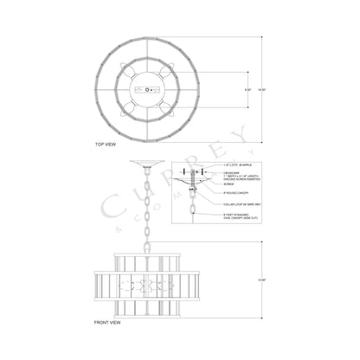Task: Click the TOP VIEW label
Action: (x=106, y=144)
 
